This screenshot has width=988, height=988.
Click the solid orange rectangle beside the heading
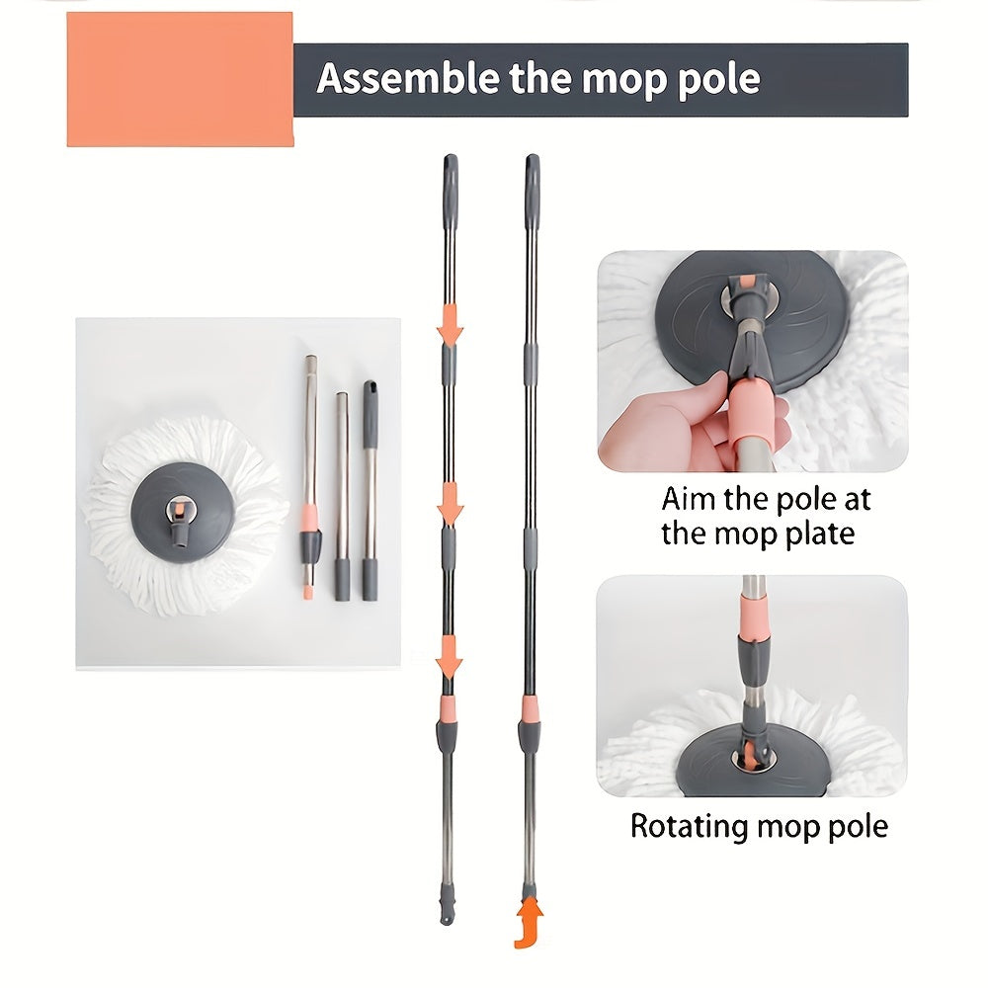point(180,79)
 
